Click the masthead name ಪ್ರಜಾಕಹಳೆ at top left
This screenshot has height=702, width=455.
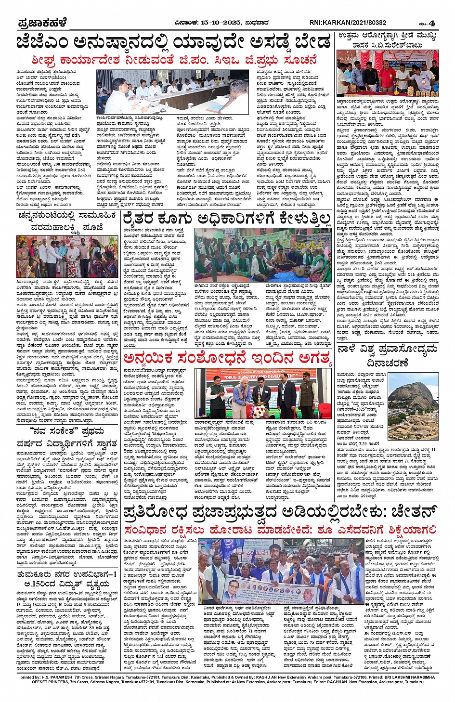(x=42, y=23)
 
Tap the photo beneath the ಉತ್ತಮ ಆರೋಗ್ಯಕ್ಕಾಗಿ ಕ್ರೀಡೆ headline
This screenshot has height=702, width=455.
(x=387, y=73)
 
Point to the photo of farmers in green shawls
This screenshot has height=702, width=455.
(x=263, y=256)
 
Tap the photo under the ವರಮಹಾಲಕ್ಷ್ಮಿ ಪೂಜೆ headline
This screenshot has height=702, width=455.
(x=67, y=257)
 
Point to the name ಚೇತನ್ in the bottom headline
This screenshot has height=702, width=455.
(x=413, y=511)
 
